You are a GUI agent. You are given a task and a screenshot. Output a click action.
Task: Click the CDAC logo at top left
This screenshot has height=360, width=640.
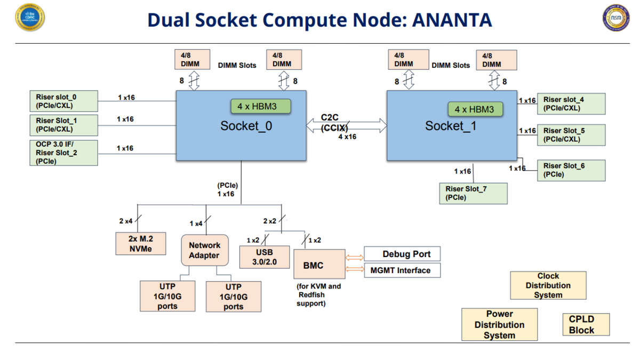[x=30, y=17]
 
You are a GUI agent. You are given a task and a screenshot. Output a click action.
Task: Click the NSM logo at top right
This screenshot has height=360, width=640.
[x=616, y=18]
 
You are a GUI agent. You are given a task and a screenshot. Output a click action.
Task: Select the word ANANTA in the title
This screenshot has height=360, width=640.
[x=452, y=20]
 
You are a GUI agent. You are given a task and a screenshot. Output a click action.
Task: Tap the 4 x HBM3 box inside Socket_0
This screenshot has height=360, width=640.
[x=261, y=106]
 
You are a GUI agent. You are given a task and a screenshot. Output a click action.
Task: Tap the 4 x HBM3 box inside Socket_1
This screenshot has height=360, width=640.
[x=475, y=109]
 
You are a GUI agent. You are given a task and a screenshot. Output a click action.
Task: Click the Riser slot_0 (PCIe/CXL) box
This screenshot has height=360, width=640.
[x=63, y=101]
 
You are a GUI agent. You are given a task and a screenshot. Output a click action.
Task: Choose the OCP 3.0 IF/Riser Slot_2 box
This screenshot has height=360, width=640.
[x=63, y=153]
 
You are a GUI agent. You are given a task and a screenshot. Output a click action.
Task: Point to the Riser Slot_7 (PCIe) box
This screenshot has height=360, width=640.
[x=474, y=194]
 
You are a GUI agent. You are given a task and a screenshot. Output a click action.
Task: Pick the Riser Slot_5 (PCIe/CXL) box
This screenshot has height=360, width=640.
[x=571, y=135]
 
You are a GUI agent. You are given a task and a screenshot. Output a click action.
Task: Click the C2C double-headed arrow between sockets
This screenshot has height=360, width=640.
[x=347, y=125]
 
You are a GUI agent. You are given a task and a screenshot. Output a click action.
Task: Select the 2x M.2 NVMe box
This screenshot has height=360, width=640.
[x=141, y=243]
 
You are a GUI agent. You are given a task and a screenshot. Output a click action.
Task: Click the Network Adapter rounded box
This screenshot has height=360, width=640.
[x=205, y=250]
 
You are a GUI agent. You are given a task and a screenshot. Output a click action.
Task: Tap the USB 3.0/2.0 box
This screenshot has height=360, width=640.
[x=265, y=257]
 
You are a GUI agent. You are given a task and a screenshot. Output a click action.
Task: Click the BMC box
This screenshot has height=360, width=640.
[x=319, y=264]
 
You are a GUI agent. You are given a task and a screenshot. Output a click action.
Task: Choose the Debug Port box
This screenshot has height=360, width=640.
[x=402, y=254]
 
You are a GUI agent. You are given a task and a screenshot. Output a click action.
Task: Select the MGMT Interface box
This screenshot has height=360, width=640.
[x=402, y=270]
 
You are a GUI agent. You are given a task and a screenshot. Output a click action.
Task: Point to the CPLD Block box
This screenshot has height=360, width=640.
[x=586, y=324]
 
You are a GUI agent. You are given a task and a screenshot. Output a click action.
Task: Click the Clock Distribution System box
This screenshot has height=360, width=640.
[x=548, y=285]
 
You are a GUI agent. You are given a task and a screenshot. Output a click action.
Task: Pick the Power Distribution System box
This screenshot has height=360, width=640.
[x=499, y=324]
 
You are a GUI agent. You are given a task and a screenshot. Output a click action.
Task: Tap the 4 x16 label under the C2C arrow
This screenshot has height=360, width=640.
[x=347, y=137]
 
